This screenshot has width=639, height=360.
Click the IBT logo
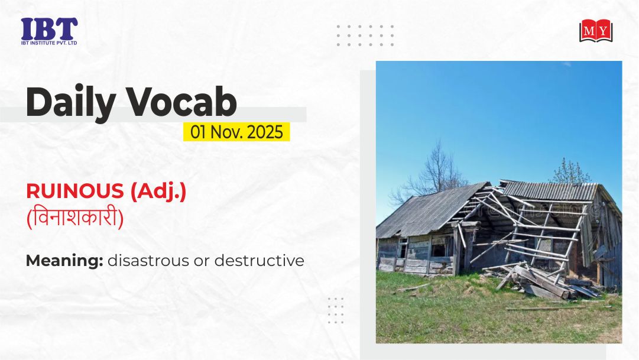[49, 31]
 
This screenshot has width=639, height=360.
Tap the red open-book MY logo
[596, 31]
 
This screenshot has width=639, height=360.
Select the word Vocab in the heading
[181, 102]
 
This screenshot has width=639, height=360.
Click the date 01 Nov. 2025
[236, 132]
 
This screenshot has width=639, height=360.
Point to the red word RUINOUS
[75, 191]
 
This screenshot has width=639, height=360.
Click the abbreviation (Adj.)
[158, 192]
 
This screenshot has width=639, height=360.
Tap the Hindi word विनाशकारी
[75, 218]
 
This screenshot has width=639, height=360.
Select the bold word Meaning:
[64, 261]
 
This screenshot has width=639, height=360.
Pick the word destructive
[259, 261]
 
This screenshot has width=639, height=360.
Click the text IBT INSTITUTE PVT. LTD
[49, 43]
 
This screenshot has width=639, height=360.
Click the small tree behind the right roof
[570, 171]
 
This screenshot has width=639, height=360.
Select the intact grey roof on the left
[428, 212]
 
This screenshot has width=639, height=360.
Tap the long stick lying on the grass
[558, 308]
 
